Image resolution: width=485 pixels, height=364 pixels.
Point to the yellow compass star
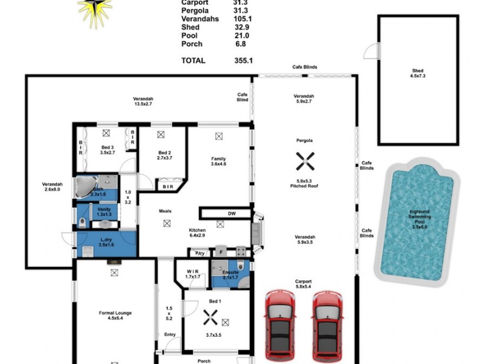pyautogui.click(x=95, y=11)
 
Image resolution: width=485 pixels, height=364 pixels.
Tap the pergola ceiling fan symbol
pyautogui.click(x=304, y=161)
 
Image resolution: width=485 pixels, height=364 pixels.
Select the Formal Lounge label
pyautogui.click(x=115, y=313)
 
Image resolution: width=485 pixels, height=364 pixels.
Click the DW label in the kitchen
pyautogui.click(x=231, y=214)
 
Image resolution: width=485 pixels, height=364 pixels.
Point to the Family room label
pyautogui.click(x=218, y=160)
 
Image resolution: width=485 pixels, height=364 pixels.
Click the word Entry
pyautogui.click(x=170, y=334)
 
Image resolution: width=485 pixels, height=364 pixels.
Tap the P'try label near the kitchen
pyautogui.click(x=199, y=253)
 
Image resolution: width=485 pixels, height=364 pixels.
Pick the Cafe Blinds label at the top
pyautogui.click(x=304, y=67)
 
